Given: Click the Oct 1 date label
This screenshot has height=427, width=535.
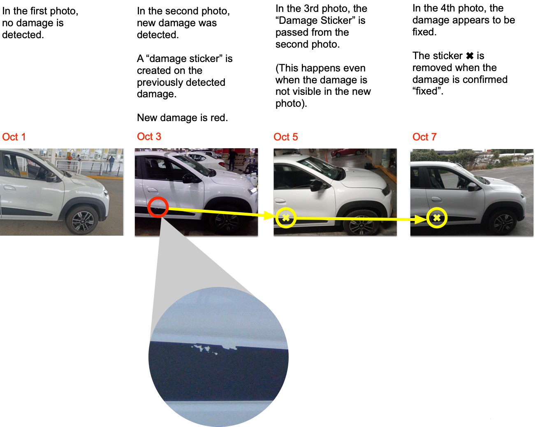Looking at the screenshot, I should pos(14,137).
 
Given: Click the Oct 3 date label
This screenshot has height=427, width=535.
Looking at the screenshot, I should pos(149,137).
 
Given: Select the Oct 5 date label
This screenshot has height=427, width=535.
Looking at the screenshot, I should pos(285,137).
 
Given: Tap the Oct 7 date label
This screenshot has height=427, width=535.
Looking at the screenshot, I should pos(424,137).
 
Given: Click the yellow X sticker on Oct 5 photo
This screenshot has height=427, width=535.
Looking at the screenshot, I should pos(286,218).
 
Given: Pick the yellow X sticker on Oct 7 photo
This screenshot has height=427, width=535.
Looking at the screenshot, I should pos(437,218).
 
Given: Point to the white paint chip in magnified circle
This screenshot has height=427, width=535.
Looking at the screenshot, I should pos(214,349).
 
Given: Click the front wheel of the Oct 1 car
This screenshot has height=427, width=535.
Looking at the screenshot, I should pos(83,221).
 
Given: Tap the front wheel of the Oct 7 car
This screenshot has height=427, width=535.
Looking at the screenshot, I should pos(503,223).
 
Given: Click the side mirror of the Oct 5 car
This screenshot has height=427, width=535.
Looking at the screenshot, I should pos(317,186).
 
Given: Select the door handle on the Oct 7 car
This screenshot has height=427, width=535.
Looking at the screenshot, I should pos(437,200).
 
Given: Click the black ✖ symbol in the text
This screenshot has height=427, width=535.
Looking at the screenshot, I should pos(470,56).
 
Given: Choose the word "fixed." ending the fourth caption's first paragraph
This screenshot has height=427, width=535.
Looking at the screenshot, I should pos(424,32).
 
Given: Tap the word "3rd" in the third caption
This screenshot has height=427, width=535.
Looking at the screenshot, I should pos(313,9).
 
